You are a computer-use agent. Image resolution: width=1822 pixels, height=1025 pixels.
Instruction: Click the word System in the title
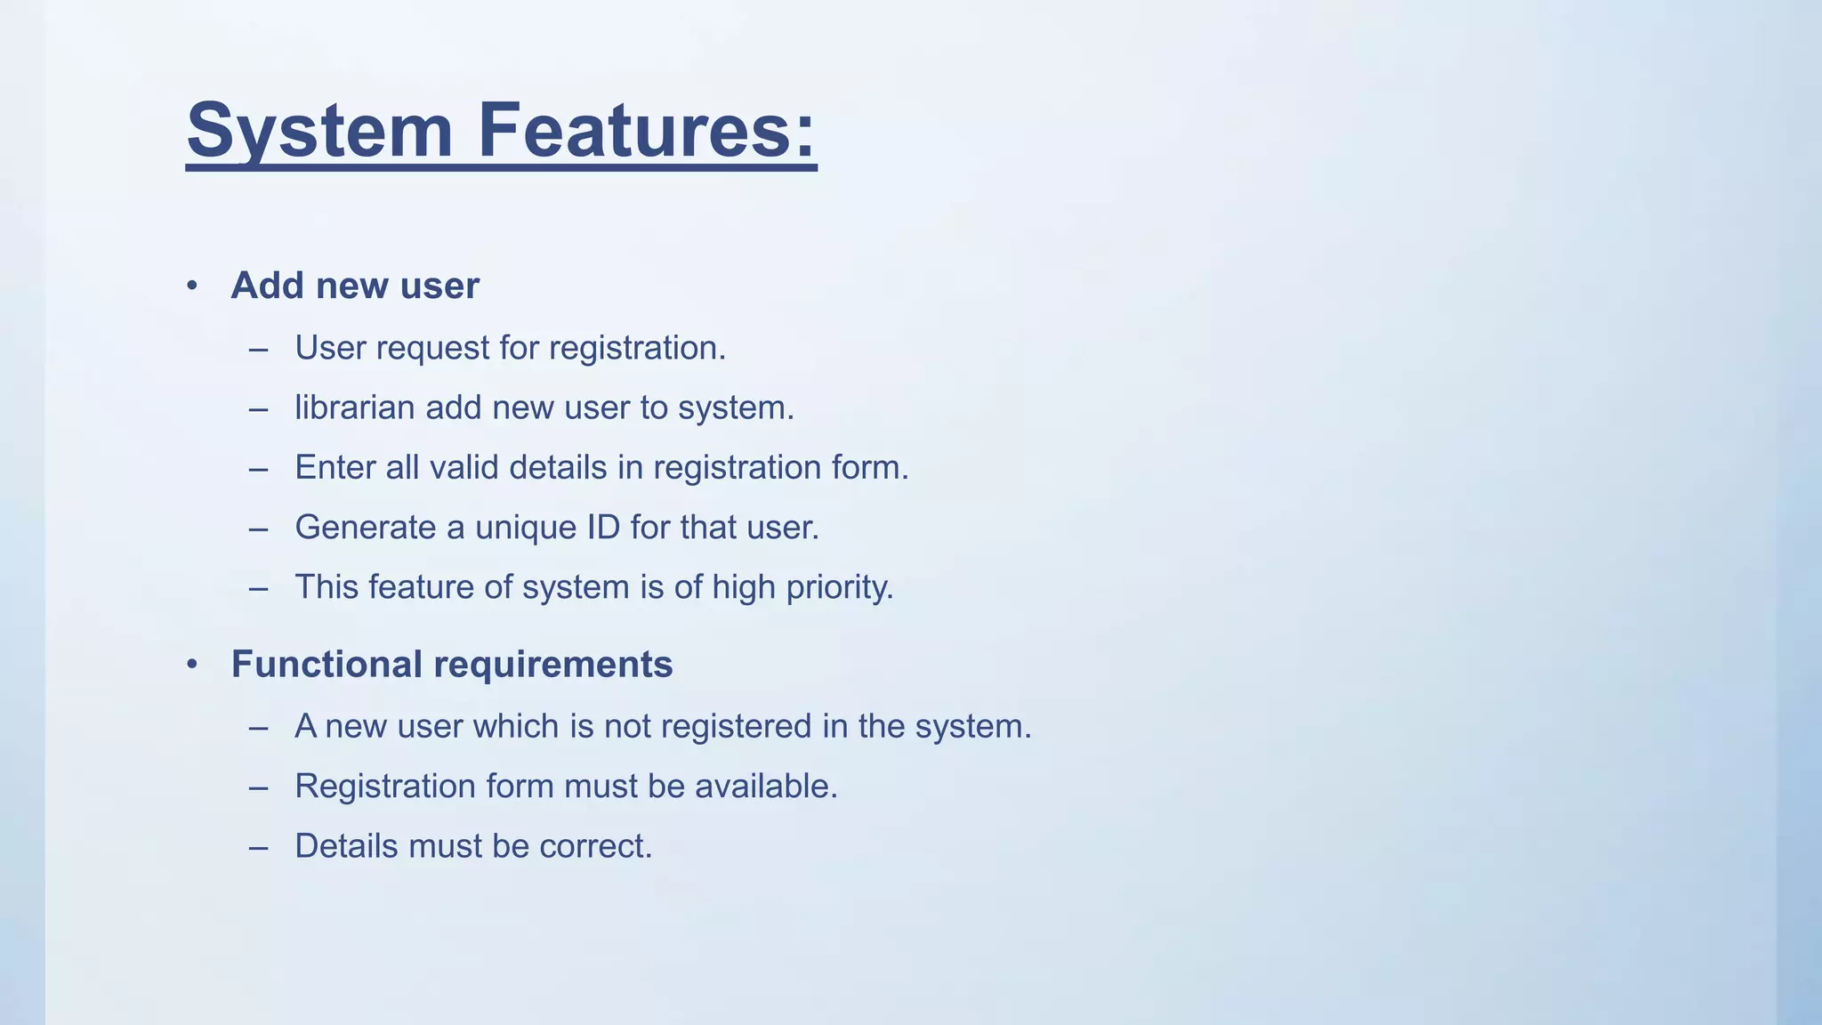(x=320, y=131)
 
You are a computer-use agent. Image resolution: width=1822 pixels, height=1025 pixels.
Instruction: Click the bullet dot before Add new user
(x=192, y=286)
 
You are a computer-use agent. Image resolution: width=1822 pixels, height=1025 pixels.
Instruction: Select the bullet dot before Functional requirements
(x=192, y=665)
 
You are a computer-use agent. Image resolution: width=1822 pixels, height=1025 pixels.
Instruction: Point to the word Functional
(x=327, y=665)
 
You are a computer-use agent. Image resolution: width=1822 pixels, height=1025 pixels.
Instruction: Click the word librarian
(x=354, y=408)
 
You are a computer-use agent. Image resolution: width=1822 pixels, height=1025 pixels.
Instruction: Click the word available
(x=766, y=787)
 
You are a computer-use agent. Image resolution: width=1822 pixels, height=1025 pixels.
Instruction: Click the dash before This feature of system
(x=259, y=588)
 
